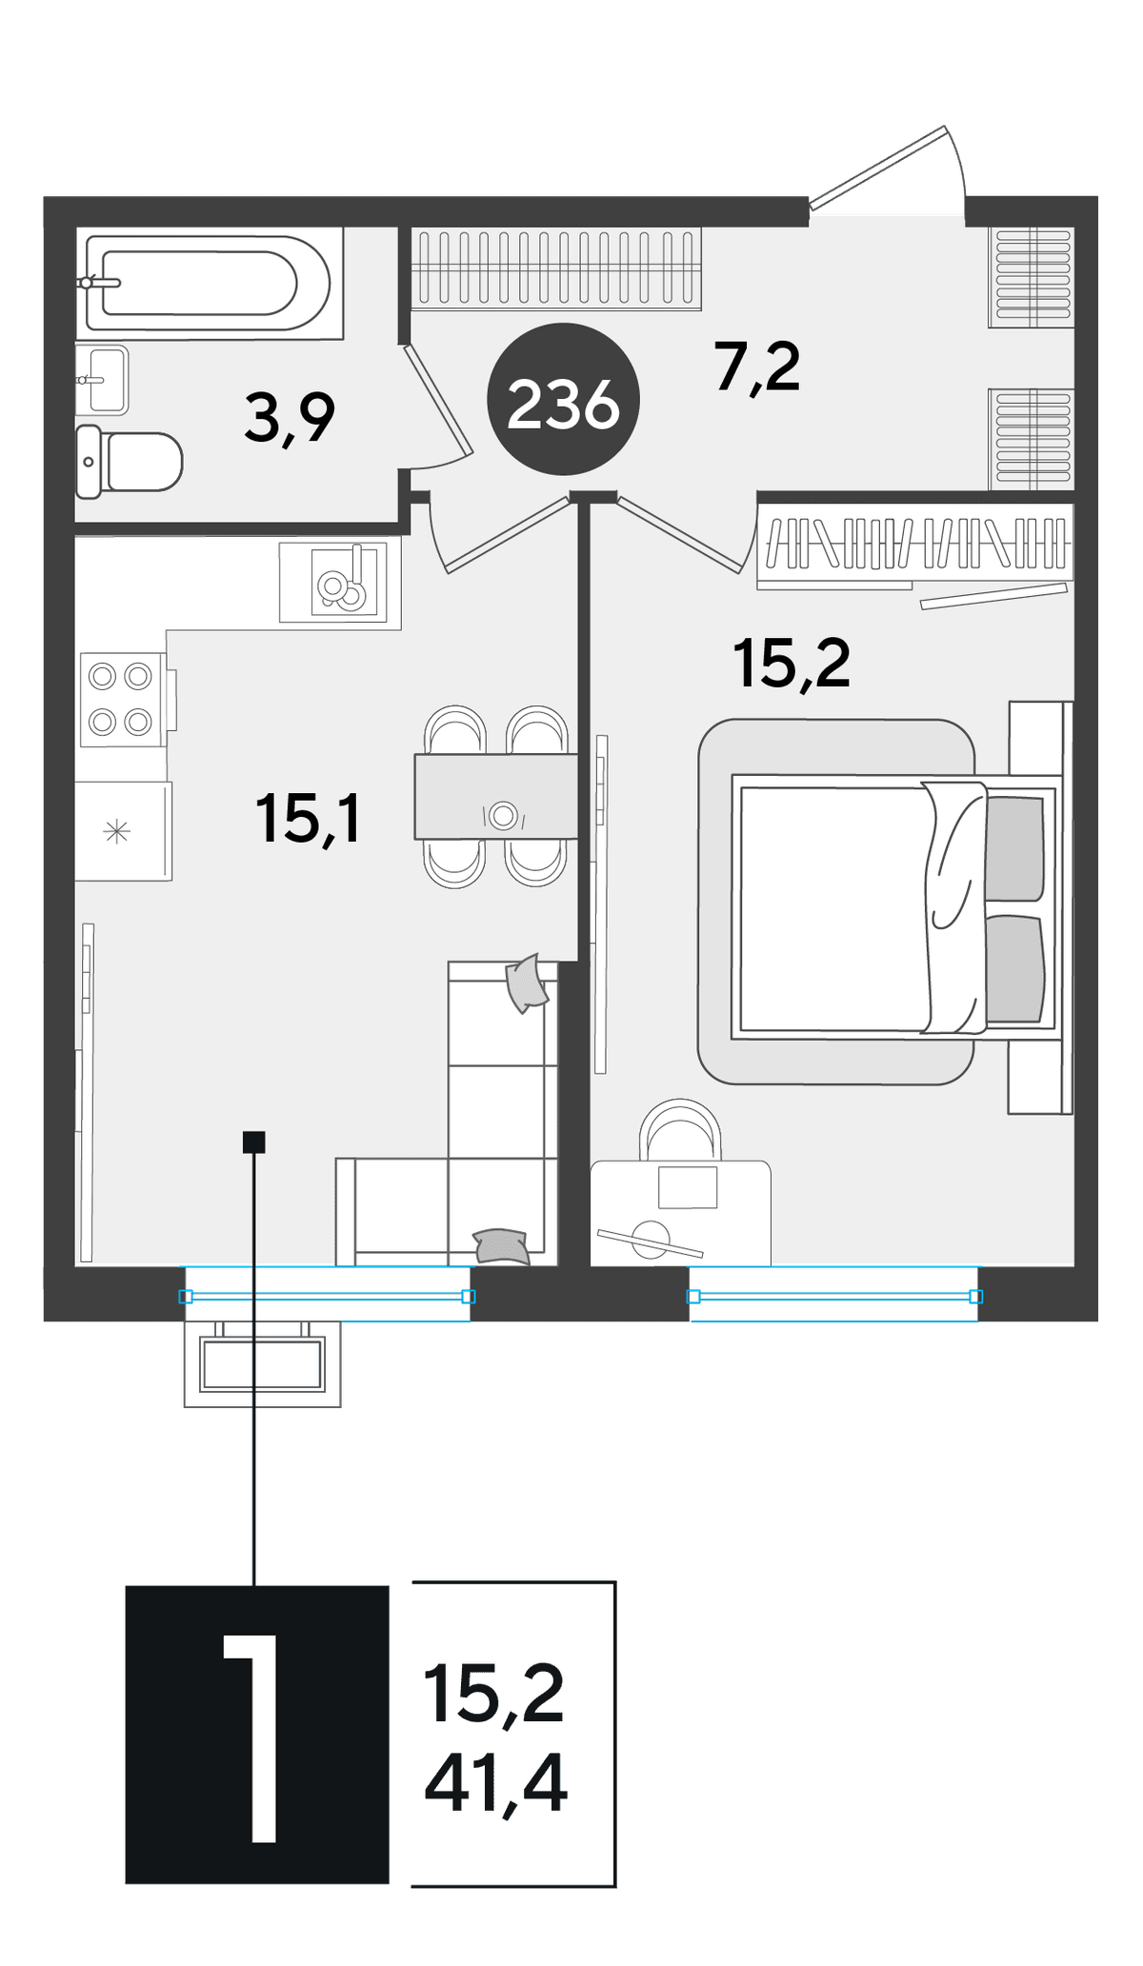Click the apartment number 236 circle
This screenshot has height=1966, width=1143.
[x=563, y=399]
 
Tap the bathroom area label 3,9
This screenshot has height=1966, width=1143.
[x=290, y=419]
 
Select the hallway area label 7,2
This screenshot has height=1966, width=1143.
[x=757, y=367]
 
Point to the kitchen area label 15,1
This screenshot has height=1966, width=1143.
[x=308, y=819]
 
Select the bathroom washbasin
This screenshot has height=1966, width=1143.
[x=102, y=380]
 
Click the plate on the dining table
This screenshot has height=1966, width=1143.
[x=504, y=816]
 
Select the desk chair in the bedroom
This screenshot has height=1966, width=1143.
[x=680, y=1129]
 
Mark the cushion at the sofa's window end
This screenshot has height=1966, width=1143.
[x=502, y=1246]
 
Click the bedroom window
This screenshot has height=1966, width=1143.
[x=834, y=1295]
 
